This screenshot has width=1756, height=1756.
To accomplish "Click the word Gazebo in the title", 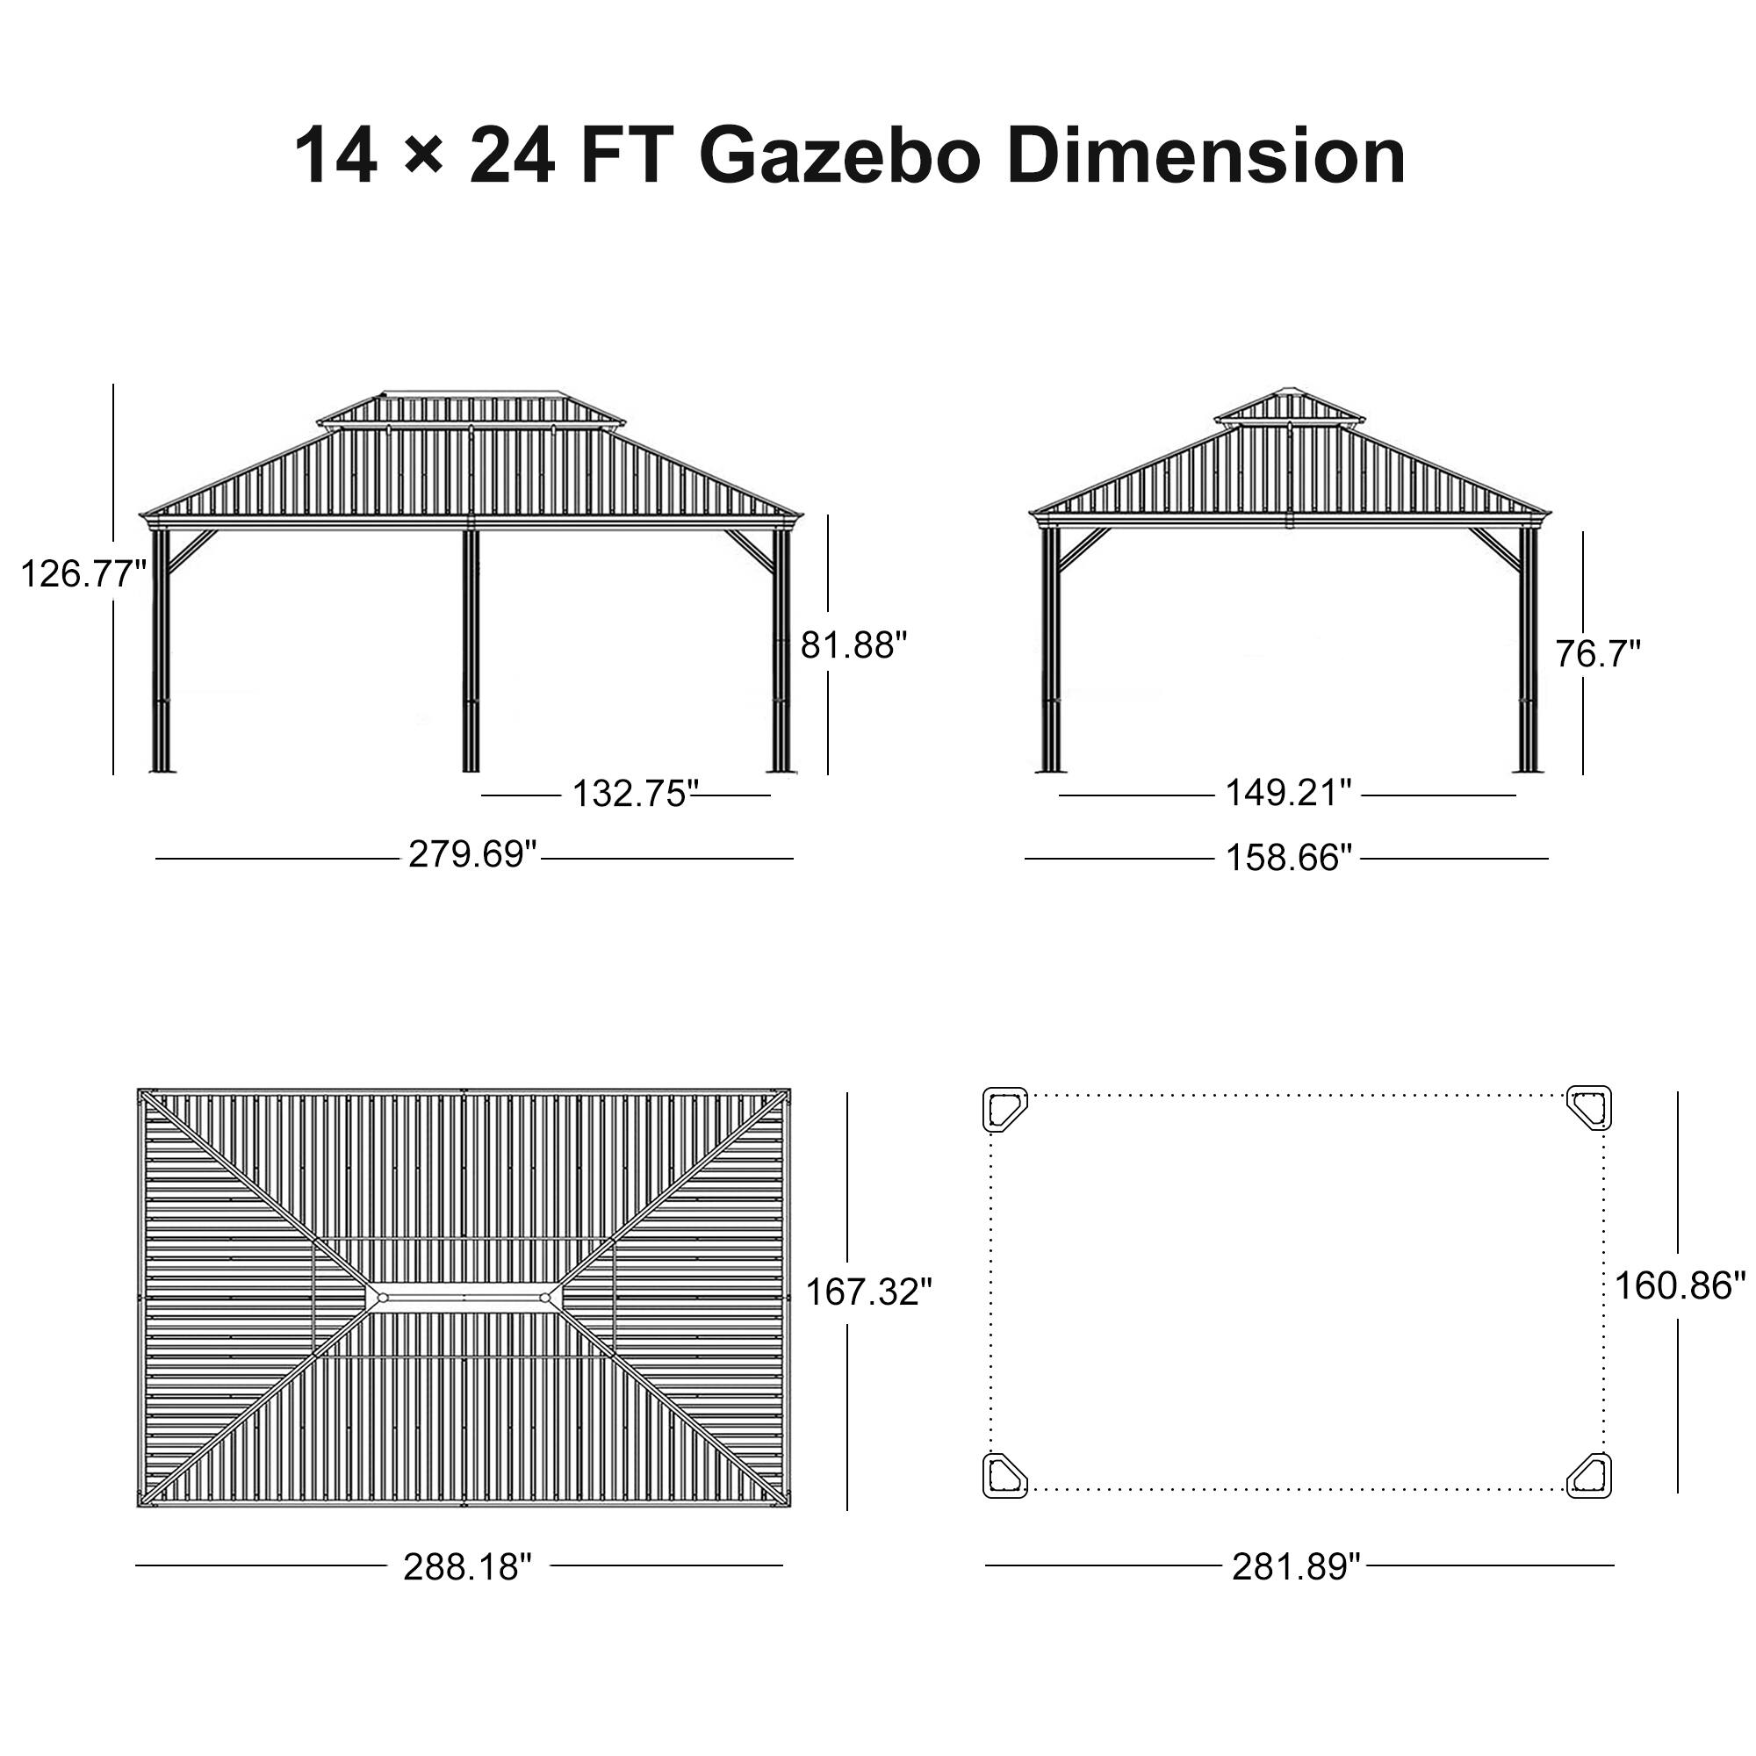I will click(x=840, y=156).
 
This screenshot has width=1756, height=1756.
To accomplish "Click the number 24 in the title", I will click(x=511, y=156).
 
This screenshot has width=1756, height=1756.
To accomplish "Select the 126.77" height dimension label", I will click(x=83, y=574).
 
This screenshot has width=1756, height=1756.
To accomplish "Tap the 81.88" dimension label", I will click(x=853, y=645).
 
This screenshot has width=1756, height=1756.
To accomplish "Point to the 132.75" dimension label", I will click(x=634, y=794).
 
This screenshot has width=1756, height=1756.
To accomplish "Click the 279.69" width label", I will click(x=472, y=854).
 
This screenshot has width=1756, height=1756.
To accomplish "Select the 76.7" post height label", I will click(x=1597, y=653).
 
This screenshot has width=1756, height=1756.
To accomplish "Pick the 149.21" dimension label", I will click(x=1288, y=793).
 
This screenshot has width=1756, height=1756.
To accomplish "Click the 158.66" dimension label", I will click(x=1289, y=857).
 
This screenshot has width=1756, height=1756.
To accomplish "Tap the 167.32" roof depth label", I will click(x=868, y=1292).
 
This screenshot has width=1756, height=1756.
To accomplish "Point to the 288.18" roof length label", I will click(x=466, y=1566).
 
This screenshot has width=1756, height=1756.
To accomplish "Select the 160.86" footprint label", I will click(x=1680, y=1286).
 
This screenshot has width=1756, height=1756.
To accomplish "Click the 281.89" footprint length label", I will click(x=1295, y=1566).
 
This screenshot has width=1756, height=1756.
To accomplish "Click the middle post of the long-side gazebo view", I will click(x=470, y=650).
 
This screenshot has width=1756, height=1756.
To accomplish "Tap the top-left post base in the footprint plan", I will click(x=1004, y=1110).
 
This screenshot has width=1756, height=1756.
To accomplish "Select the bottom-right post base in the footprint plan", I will click(x=1590, y=1474).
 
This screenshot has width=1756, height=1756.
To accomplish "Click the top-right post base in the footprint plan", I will click(x=1590, y=1108).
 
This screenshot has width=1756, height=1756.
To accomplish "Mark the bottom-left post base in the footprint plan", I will click(x=1004, y=1474).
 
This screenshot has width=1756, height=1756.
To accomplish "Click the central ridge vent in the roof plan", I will click(x=463, y=1297).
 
